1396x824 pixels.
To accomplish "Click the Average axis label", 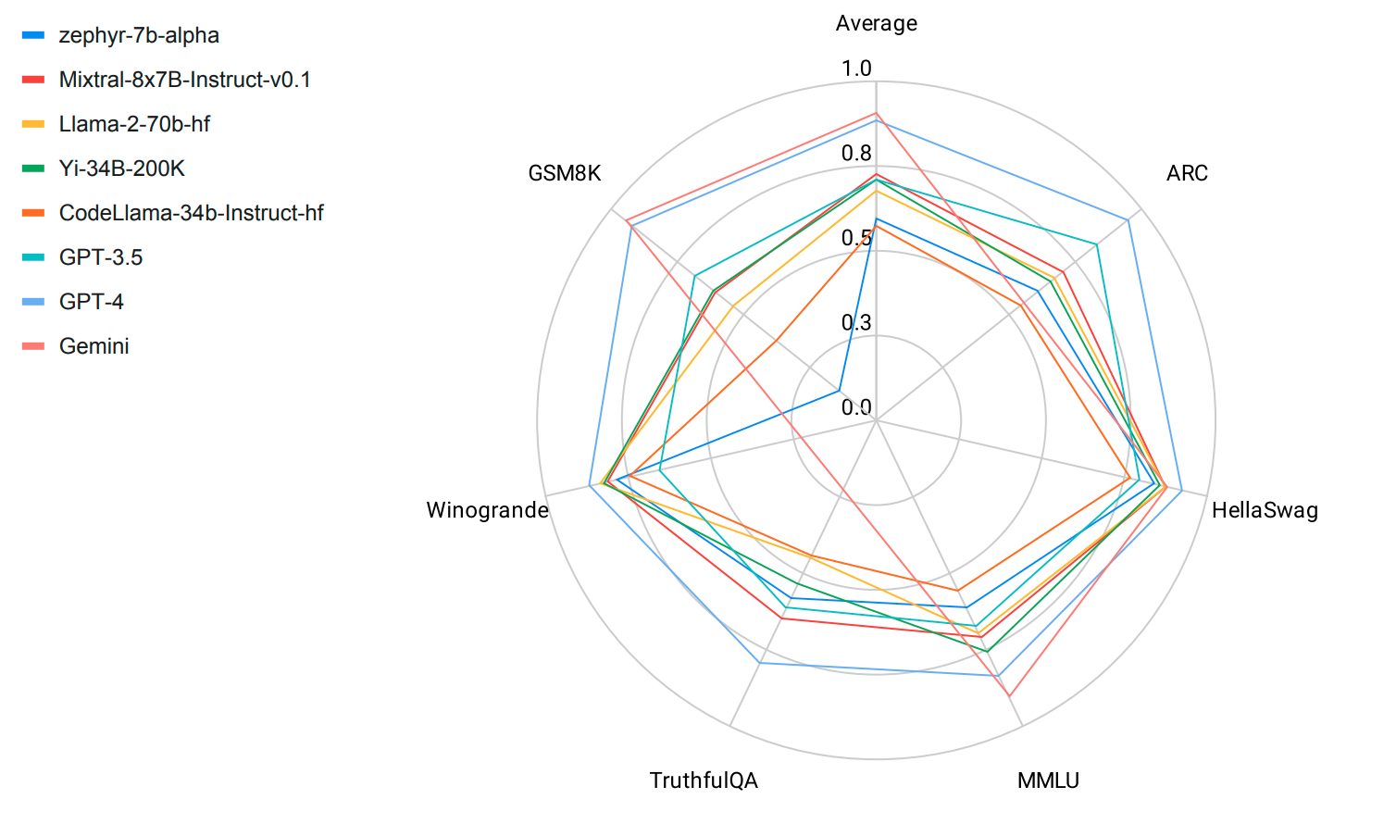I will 876,23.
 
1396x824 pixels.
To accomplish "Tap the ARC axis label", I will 1187,173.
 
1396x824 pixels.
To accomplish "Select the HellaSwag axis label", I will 1265,510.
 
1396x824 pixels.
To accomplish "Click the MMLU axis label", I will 1048,780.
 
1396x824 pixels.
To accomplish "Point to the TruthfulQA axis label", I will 704,780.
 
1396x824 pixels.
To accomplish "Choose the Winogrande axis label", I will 487,510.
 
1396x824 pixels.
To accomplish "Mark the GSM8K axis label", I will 565,173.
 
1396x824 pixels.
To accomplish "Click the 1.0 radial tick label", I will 856,69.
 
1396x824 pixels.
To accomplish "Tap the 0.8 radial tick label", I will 856,154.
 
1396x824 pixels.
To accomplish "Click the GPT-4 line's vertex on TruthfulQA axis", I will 760,663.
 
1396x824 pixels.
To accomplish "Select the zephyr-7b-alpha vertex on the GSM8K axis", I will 840,390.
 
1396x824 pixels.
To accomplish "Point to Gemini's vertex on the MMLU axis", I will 1009,695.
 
